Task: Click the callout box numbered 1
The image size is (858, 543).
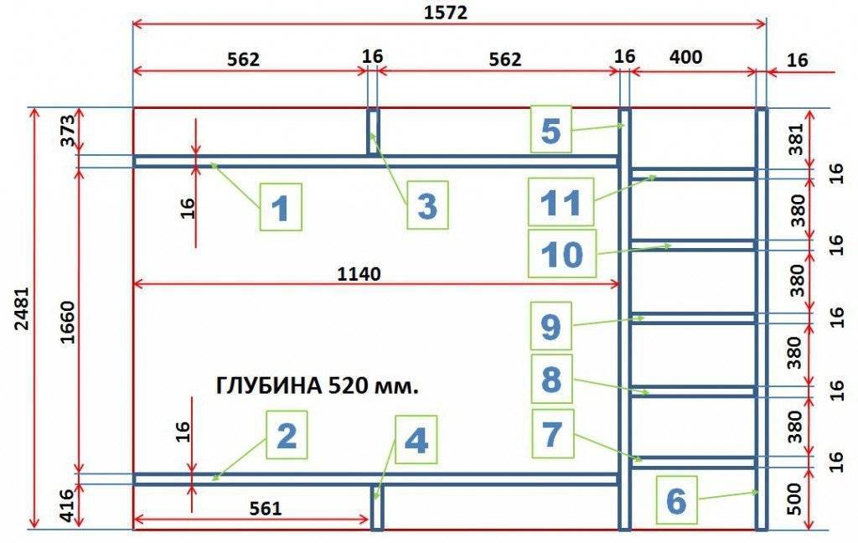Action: point(281,207)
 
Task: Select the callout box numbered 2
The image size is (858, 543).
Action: point(287,435)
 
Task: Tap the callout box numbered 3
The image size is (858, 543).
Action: point(427,205)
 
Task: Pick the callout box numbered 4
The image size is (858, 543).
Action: point(416,441)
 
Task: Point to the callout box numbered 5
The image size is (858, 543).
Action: point(550,130)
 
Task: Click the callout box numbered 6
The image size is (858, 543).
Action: point(676,501)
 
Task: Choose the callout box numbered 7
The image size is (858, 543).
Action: point(551,433)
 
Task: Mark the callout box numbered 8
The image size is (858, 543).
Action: point(551,379)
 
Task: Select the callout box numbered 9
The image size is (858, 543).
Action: point(550,327)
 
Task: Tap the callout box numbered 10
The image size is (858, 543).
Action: point(561,254)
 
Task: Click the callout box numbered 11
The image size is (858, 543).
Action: point(561,202)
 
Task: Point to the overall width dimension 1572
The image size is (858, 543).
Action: point(445,12)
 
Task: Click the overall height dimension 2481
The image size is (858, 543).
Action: point(21,319)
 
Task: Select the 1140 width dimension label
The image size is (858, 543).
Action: point(359,273)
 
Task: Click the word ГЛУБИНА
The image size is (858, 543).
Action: point(269,386)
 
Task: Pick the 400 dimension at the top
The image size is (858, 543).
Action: point(685,58)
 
